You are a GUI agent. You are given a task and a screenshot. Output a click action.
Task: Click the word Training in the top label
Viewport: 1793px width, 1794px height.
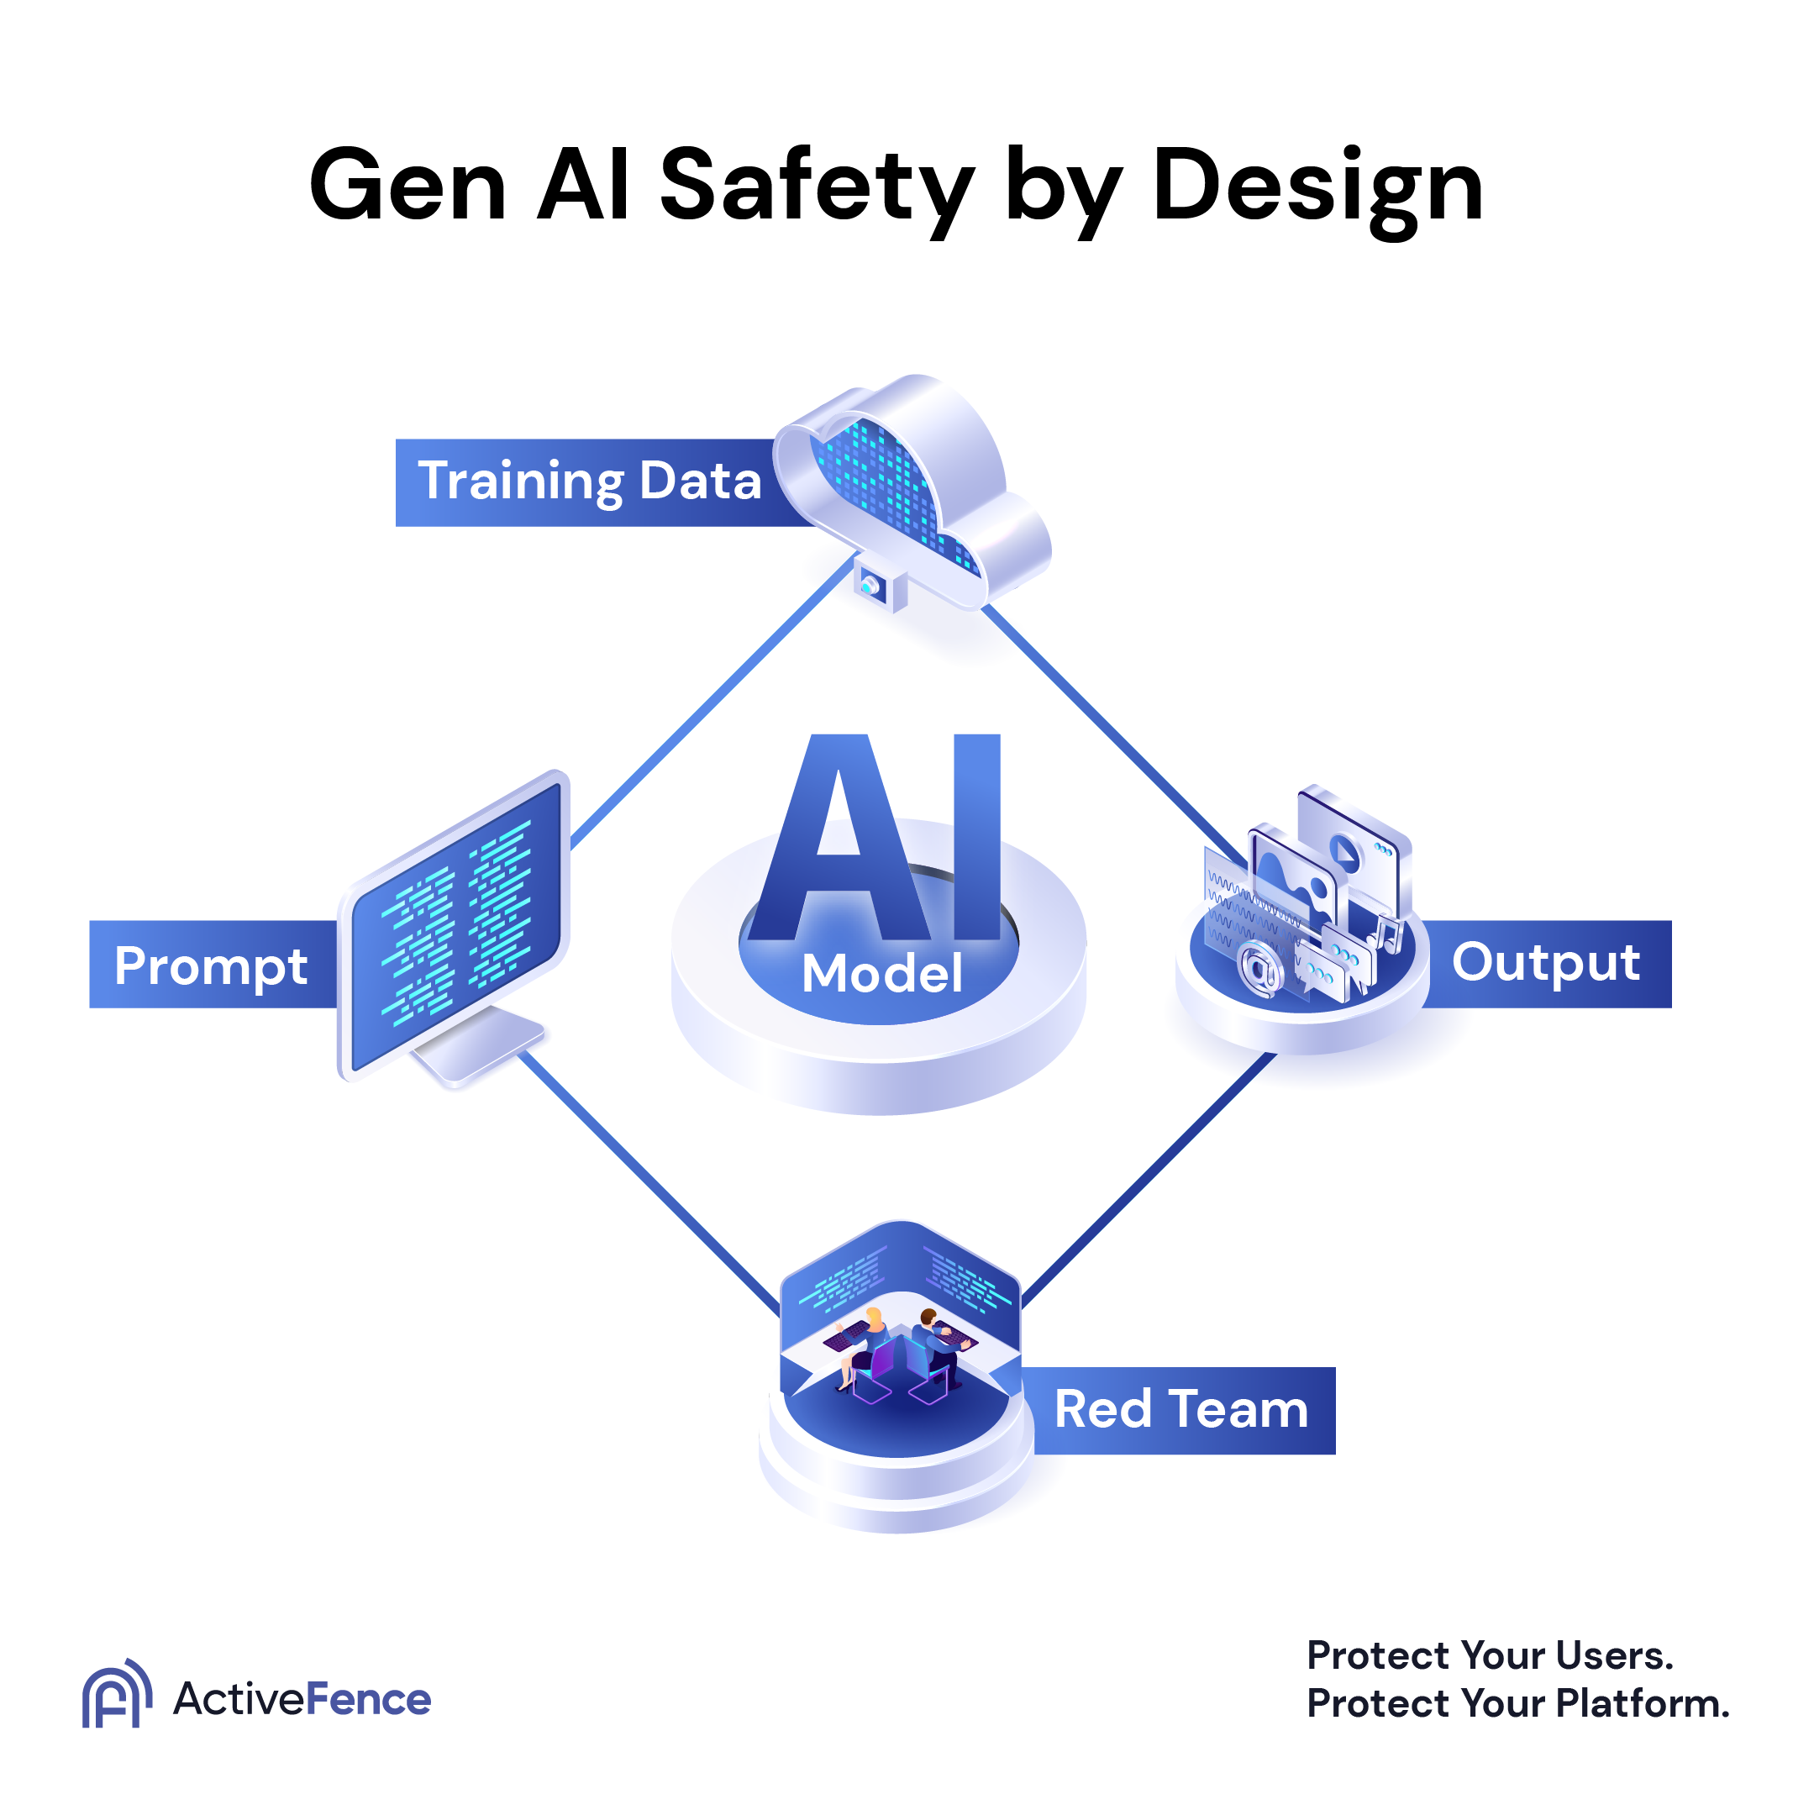pyautogui.click(x=521, y=481)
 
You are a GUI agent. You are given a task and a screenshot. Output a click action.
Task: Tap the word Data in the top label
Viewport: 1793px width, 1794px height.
pyautogui.click(x=700, y=481)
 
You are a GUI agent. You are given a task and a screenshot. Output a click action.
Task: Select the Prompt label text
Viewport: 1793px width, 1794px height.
pyautogui.click(x=211, y=967)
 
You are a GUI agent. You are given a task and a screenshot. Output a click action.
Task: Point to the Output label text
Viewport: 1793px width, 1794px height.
pyautogui.click(x=1545, y=962)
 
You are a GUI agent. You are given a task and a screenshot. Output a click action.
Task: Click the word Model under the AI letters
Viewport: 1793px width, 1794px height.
pyautogui.click(x=881, y=973)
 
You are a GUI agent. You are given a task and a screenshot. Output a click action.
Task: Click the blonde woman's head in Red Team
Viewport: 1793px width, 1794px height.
pyautogui.click(x=874, y=1316)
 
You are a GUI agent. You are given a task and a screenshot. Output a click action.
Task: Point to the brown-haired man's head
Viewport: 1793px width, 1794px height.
pyautogui.click(x=928, y=1316)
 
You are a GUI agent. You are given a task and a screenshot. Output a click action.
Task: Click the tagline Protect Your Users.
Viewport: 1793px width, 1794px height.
pyautogui.click(x=1490, y=1655)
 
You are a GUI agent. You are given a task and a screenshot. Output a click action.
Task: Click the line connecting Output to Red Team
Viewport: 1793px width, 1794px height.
pyautogui.click(x=1151, y=1179)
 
